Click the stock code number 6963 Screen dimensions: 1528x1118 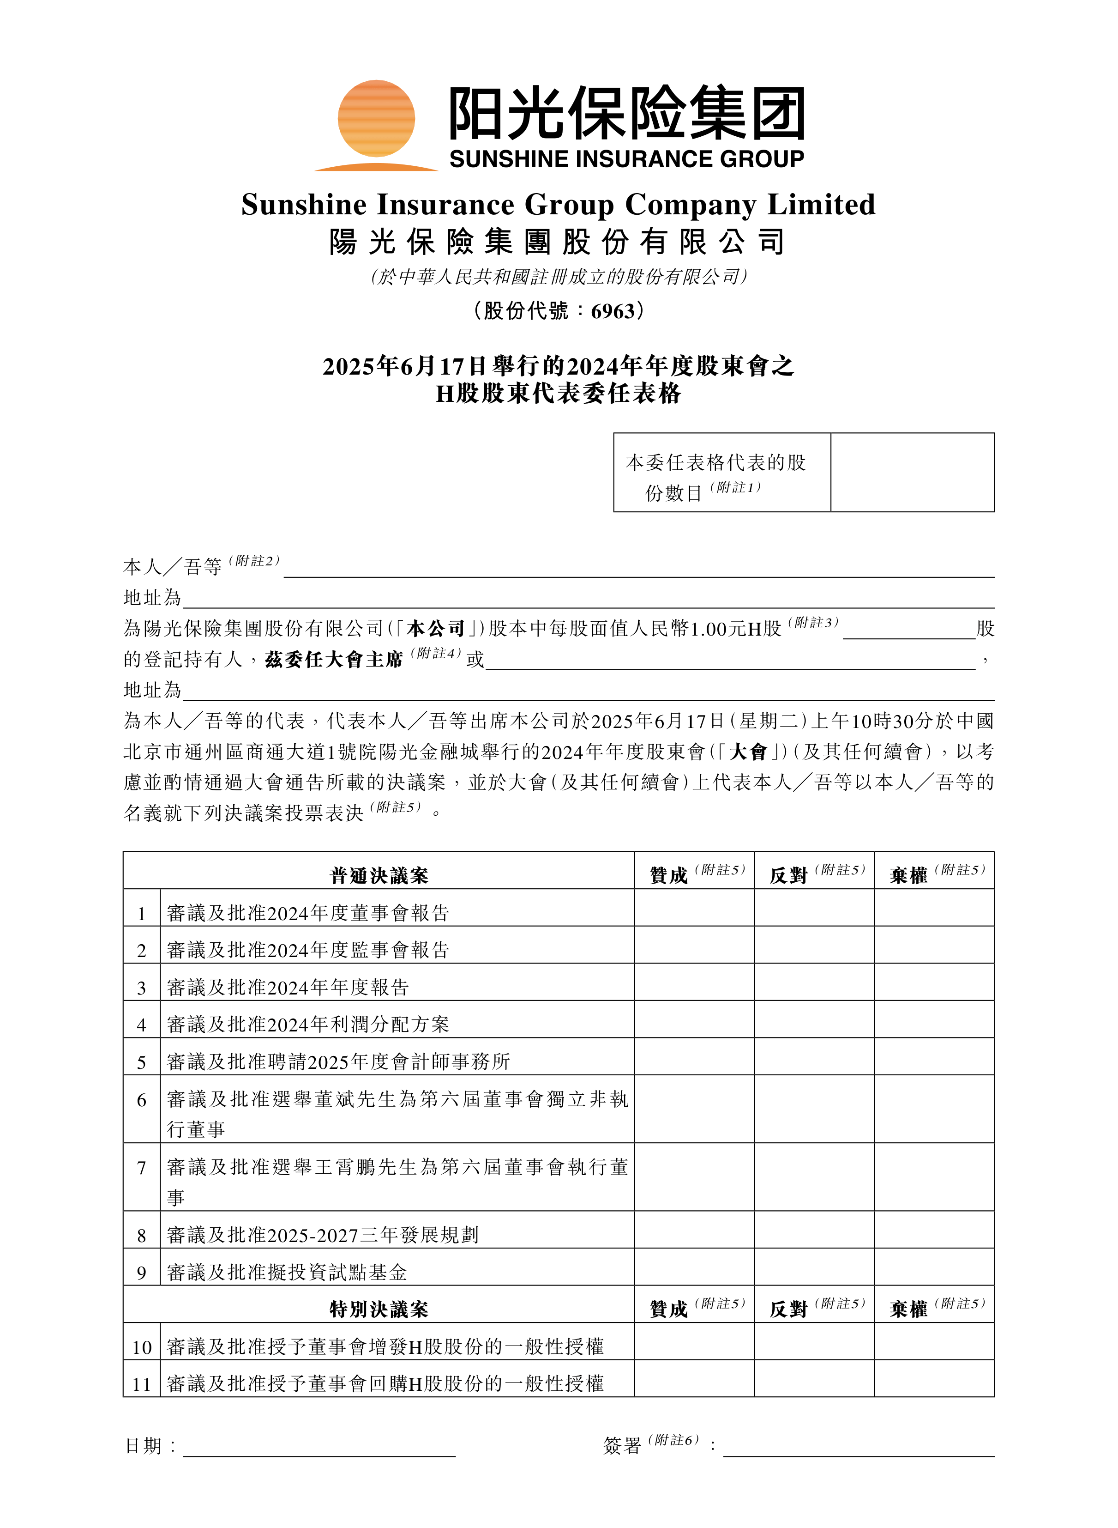coord(613,311)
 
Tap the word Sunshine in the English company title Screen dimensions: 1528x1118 coord(303,205)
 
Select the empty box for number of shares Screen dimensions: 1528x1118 coord(912,473)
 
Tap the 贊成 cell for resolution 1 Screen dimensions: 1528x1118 coord(694,908)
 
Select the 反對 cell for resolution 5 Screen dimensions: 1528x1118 coord(814,1057)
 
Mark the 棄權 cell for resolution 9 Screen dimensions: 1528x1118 coord(934,1267)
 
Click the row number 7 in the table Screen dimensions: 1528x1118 coord(141,1168)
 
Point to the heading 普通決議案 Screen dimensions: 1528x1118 coord(379,875)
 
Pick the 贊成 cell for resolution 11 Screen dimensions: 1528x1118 coord(694,1378)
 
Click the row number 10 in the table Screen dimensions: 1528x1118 coord(141,1347)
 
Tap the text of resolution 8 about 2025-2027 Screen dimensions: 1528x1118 coord(322,1235)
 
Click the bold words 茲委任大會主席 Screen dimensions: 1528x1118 coord(334,660)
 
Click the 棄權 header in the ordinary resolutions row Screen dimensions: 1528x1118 coord(909,875)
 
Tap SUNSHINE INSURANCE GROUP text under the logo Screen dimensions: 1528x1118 coord(626,159)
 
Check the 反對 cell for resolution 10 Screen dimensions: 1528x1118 coord(814,1341)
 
